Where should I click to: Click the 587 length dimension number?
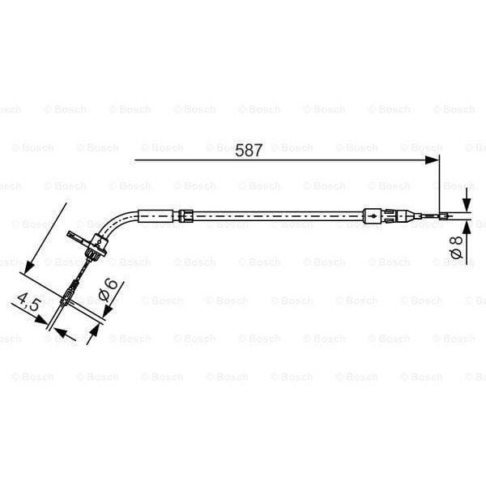click(x=249, y=150)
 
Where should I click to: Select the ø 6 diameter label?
click(x=110, y=289)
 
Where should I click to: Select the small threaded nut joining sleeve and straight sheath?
click(x=186, y=215)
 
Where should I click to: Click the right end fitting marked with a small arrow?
click(x=372, y=216)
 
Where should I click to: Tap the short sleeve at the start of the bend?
click(x=156, y=215)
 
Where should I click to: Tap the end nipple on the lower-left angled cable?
click(x=70, y=292)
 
